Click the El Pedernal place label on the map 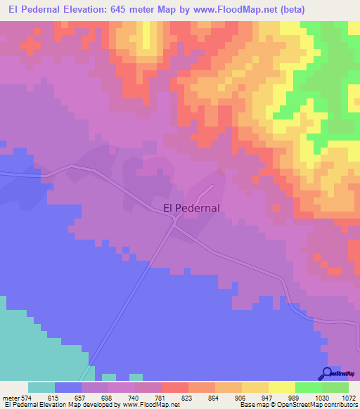click(191, 207)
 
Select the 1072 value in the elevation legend click(349, 398)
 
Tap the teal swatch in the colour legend click(41, 387)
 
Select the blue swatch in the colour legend click(68, 387)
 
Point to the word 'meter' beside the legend click(10, 398)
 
